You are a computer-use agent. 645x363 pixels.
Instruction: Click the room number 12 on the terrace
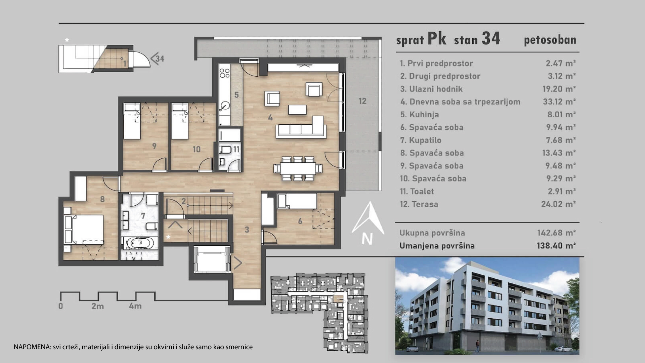[x=362, y=101]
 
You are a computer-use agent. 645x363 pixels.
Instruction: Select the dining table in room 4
[x=298, y=168]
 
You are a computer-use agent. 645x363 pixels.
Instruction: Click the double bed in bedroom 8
[x=84, y=229]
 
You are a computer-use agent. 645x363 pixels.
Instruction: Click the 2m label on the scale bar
[x=97, y=306]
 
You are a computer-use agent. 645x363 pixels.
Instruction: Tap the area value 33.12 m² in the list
[x=559, y=102]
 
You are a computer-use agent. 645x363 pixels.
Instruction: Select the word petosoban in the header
[x=550, y=40]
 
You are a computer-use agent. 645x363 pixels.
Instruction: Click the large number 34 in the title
[x=491, y=38]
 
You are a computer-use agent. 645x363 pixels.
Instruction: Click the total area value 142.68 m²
[x=556, y=233]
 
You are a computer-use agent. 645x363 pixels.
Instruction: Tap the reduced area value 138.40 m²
[x=556, y=246]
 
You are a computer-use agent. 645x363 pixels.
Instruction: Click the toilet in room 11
[x=225, y=149]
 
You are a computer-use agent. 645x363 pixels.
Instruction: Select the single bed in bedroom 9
[x=132, y=121]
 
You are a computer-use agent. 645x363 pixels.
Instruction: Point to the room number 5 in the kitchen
[x=236, y=95]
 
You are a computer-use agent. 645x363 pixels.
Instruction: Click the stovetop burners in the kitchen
[x=225, y=73]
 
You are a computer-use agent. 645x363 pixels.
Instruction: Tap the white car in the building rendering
[x=562, y=349]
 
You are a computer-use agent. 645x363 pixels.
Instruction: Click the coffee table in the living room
[x=297, y=110]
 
